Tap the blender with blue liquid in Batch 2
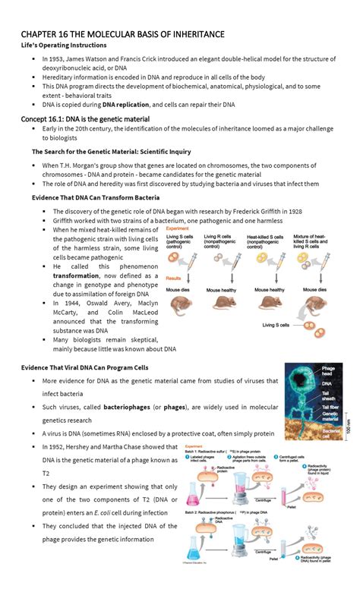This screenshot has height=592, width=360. tap(243, 546)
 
